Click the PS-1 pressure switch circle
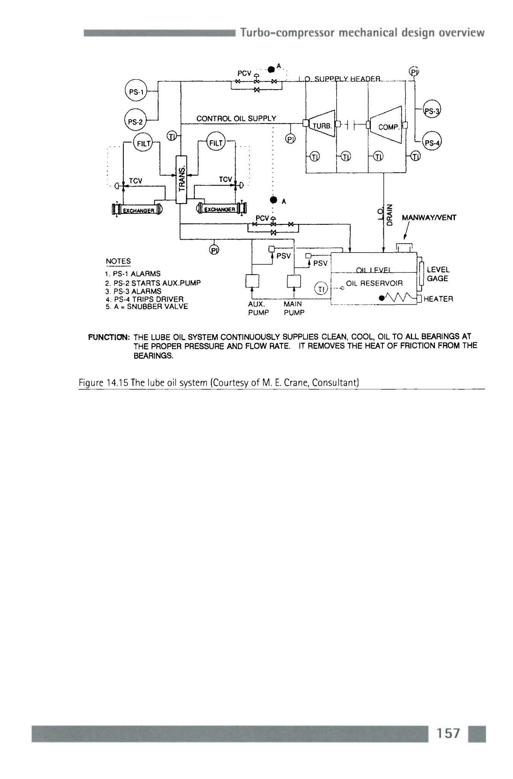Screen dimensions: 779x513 pos(135,92)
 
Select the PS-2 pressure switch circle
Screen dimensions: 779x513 pos(135,121)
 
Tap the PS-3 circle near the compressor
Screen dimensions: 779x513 pos(432,111)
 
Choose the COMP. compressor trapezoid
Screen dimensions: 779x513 pos(387,125)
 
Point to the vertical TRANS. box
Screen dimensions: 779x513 pos(182,179)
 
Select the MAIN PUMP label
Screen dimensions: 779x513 pos(294,308)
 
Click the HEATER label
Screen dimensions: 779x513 pos(438,299)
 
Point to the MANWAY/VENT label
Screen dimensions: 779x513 pos(429,218)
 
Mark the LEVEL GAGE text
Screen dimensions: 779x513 pos(438,274)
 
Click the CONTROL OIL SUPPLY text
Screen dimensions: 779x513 pos(236,118)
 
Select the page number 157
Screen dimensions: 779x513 pos(448,733)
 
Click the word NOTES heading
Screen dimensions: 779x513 pos(118,261)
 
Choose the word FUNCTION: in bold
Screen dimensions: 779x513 pos(109,337)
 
